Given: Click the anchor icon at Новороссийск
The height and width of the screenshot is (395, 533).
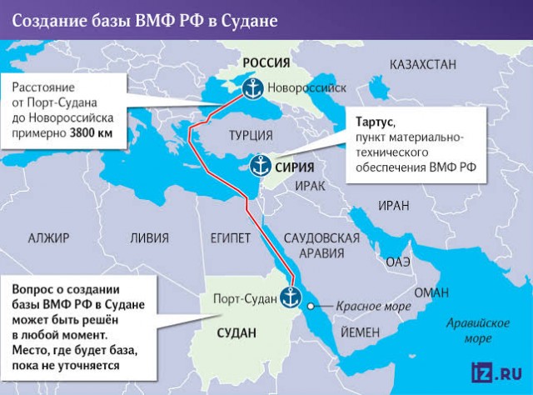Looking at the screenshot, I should pyautogui.click(x=252, y=87).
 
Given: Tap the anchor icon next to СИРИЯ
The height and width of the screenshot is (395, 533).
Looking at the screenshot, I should pyautogui.click(x=260, y=166).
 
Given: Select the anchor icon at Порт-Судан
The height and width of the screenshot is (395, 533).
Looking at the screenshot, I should pyautogui.click(x=291, y=296).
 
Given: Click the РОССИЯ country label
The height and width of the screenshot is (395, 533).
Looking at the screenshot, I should pyautogui.click(x=266, y=62).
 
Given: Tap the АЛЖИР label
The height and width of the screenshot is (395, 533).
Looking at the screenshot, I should pyautogui.click(x=49, y=237).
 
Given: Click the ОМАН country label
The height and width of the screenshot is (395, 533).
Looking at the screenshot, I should pyautogui.click(x=431, y=292).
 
